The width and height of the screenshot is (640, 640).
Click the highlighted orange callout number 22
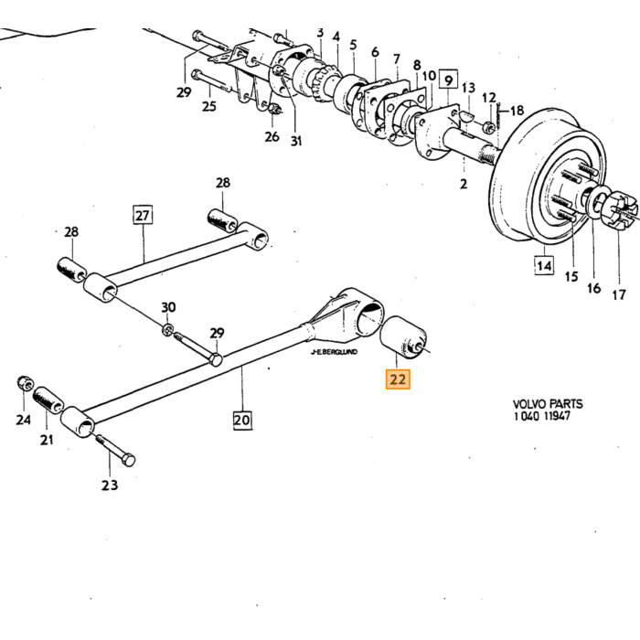click(398, 379)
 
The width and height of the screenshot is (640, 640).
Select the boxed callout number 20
click(242, 420)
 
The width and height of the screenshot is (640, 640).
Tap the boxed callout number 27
click(143, 215)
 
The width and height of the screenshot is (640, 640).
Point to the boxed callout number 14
click(545, 266)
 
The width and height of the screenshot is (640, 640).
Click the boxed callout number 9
click(448, 80)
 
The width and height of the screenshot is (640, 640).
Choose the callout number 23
click(110, 485)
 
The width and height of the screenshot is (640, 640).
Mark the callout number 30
click(168, 307)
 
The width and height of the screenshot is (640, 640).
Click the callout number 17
click(619, 293)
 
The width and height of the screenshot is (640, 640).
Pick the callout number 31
click(296, 141)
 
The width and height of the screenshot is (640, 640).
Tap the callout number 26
click(272, 136)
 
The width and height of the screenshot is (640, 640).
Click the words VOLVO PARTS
click(548, 404)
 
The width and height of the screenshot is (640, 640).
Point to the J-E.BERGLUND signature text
click(334, 351)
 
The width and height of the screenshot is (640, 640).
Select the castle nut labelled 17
click(623, 210)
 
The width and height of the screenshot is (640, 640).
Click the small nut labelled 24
click(25, 383)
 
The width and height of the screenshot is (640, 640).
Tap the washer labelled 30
click(167, 328)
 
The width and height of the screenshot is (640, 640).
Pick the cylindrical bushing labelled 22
click(403, 337)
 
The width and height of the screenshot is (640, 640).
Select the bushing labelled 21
click(48, 400)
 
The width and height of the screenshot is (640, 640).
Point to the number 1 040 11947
click(541, 416)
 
